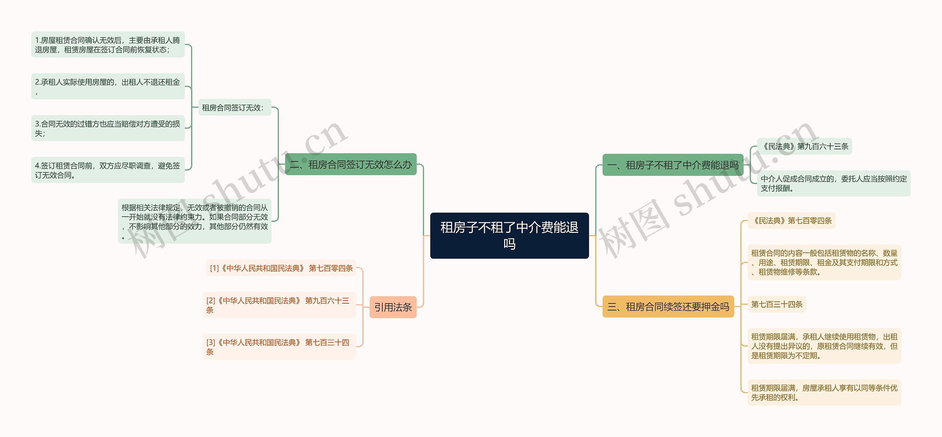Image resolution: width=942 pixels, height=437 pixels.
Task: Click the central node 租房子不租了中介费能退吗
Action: point(509,235)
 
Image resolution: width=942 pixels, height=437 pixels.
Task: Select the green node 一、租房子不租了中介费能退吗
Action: point(673,165)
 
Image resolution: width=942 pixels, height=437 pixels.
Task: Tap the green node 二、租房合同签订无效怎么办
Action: point(351,164)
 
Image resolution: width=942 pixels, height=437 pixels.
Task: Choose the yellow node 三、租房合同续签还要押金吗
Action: point(668,307)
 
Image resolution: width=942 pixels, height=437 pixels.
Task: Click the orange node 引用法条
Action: point(393,307)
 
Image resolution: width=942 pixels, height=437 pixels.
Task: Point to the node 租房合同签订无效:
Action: point(234,108)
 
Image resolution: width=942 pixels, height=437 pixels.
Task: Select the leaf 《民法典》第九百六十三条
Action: point(804,147)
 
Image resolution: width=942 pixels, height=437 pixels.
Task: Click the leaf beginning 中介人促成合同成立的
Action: point(833,183)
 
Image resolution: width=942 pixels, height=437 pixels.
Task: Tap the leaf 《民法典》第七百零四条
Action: point(791,221)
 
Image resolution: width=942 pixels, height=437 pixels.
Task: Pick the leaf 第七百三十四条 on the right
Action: point(776,304)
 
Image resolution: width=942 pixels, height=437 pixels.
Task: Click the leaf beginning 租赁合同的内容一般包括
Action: point(824,262)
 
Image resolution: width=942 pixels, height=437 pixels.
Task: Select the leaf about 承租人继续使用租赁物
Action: point(824,346)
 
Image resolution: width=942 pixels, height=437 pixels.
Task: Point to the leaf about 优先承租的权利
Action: point(824,392)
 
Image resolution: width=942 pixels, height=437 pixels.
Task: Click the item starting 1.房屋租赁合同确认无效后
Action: point(108,45)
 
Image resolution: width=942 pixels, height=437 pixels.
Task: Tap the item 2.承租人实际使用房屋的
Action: point(108,86)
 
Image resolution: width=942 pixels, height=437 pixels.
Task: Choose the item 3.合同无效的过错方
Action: point(108,128)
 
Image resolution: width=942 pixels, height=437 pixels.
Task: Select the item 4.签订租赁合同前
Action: point(108,170)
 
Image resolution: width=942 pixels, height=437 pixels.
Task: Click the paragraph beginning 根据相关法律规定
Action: point(195,221)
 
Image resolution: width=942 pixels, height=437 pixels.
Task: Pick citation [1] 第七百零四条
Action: point(281,268)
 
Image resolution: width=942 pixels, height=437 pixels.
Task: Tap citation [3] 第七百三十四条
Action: point(279,347)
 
